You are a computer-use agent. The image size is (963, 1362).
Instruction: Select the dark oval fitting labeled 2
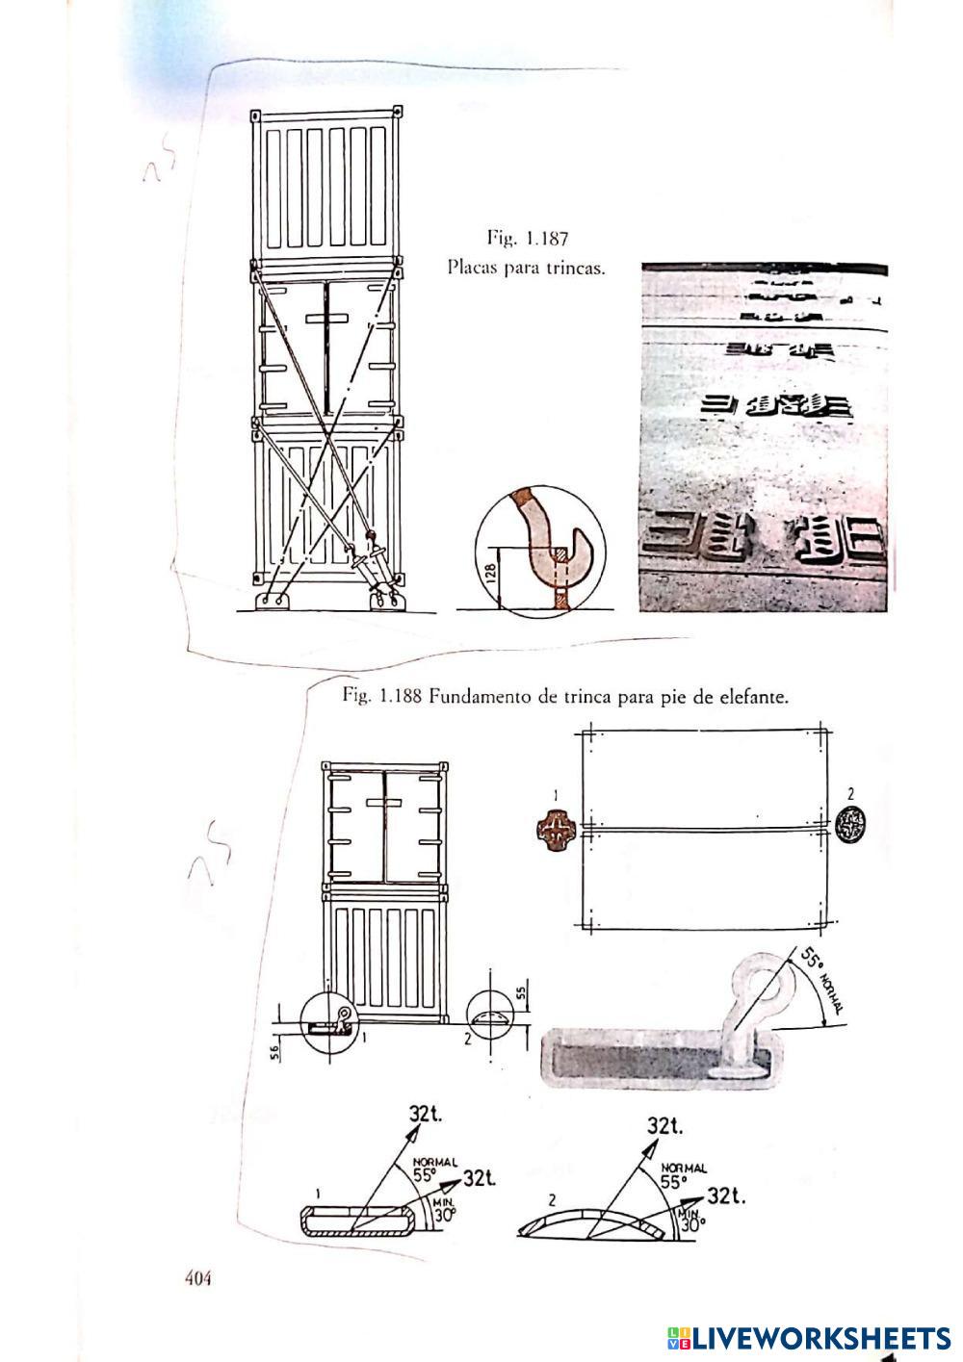point(851,826)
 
